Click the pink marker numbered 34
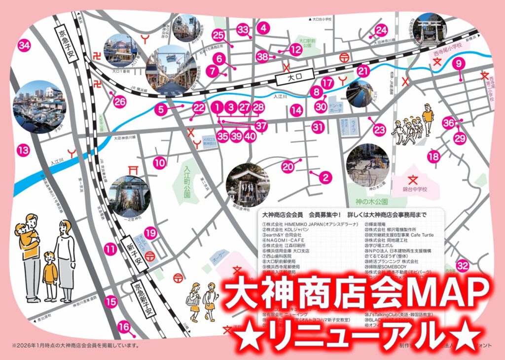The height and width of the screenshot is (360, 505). coord(24,46)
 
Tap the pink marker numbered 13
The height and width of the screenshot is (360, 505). coord(23,150)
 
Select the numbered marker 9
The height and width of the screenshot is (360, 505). coord(459,63)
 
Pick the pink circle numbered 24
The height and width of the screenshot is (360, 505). coord(381,31)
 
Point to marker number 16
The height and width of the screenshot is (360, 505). coord(124,326)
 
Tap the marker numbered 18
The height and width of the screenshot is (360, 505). coord(433,157)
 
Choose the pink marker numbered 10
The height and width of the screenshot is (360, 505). coord(159,162)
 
